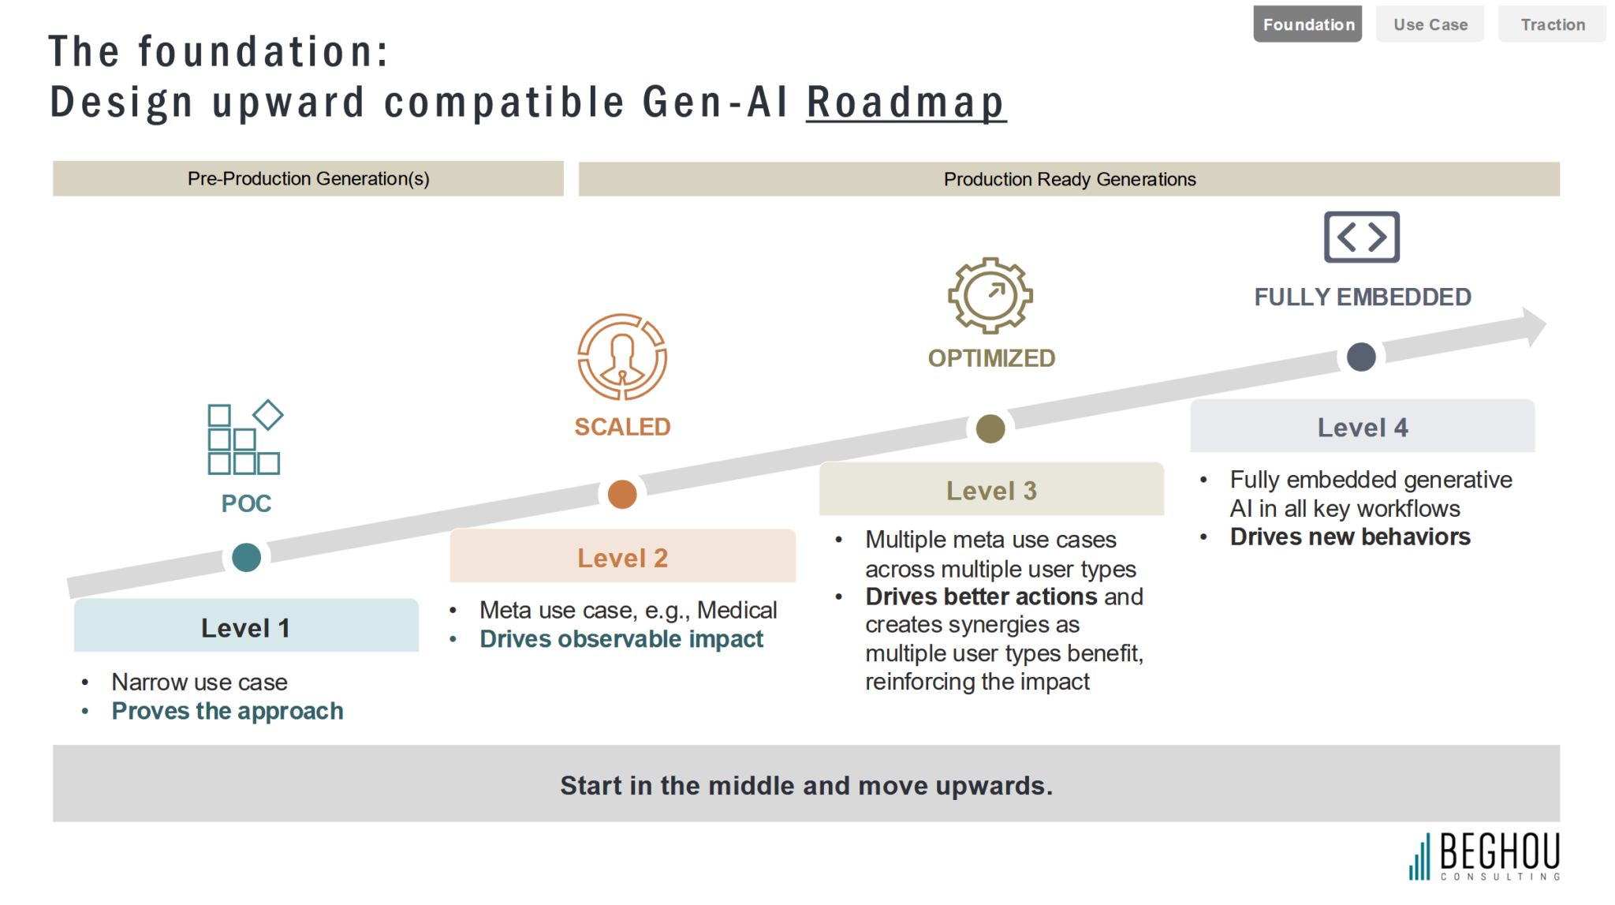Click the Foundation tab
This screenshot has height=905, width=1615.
pos(1307,24)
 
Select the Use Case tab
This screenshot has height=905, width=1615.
pos(1430,24)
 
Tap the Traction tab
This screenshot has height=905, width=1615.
pos(1552,24)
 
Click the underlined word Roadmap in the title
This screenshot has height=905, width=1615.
pos(906,103)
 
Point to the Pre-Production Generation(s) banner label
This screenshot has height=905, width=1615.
pos(308,179)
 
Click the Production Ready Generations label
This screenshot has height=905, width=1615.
pos(1069,180)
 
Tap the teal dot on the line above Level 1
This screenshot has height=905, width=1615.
pos(247,557)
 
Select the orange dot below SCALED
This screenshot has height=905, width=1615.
pos(622,494)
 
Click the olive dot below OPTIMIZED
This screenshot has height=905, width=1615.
pos(990,428)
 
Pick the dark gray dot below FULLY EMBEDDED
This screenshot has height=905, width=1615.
pos(1361,357)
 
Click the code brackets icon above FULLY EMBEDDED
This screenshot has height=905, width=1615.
pos(1362,237)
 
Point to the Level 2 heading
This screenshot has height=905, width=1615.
pos(623,558)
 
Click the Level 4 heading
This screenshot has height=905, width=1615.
pos(1363,428)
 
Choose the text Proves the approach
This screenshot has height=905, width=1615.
pos(227,711)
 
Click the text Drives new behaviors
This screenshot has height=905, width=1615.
pos(1350,537)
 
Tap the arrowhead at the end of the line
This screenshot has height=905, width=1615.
pos(1534,326)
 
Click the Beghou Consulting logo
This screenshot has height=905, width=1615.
pos(1485,856)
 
